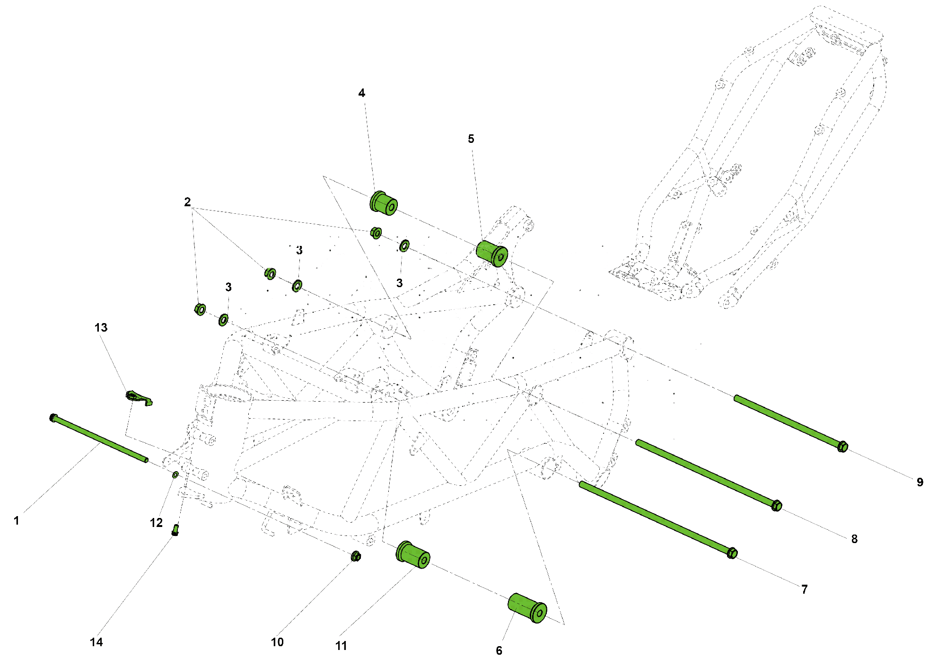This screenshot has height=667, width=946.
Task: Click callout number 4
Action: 361,93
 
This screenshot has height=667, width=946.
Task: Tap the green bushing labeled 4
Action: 383,203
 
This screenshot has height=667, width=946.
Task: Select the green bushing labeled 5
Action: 492,254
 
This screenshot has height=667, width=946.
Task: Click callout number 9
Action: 920,482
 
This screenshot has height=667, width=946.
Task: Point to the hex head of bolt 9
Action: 842,447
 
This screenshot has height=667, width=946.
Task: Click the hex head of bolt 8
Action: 776,506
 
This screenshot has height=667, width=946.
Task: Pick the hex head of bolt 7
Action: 732,553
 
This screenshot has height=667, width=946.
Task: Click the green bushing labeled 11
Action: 413,554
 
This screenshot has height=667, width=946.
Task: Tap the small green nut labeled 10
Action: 356,556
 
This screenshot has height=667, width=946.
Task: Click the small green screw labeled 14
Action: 175,530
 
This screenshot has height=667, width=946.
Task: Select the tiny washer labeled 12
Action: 175,474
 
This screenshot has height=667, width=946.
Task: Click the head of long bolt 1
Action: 53,418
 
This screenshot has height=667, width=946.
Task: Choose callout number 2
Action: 187,202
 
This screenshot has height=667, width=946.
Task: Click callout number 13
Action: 101,327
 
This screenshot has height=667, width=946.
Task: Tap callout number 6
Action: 499,650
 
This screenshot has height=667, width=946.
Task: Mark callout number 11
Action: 341,646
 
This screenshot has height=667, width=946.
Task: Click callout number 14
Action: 96,642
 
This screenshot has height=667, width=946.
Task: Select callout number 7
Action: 804,589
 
